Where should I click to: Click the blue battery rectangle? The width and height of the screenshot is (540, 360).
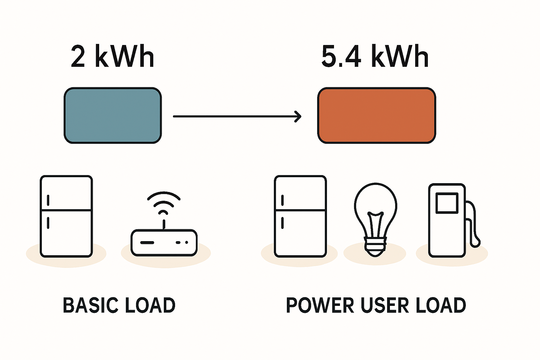tap(112, 115)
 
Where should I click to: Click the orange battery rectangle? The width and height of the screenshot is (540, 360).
tap(377, 115)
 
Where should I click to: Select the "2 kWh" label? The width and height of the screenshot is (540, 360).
tap(112, 56)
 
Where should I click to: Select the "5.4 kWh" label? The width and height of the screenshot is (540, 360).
tap(375, 56)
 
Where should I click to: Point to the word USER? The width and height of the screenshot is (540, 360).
tap(385, 305)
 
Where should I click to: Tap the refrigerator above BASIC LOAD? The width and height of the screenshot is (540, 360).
tap(66, 216)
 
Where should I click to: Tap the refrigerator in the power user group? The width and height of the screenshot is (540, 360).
tap(300, 216)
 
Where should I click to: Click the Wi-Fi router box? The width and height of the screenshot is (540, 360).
tap(164, 243)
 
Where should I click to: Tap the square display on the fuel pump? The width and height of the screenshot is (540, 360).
tap(447, 203)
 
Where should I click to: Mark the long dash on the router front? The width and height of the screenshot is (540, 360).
tap(147, 243)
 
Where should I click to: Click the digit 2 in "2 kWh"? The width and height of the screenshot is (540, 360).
tap(78, 56)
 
